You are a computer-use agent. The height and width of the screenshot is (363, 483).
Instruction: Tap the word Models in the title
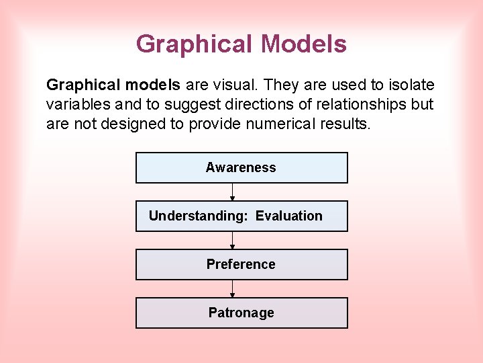304,44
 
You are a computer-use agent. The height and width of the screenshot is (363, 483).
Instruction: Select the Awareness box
241,167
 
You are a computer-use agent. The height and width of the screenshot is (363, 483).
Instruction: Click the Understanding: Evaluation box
241,216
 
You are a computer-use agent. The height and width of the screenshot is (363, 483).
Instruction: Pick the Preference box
241,264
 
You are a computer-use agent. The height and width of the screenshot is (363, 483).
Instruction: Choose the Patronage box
241,313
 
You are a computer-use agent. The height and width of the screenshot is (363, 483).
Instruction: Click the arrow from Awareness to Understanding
232,192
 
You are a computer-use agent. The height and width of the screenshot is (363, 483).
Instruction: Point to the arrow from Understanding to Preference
232,241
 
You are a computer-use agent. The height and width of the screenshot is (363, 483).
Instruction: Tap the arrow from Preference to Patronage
232,289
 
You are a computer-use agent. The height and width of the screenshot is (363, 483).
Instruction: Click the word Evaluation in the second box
288,216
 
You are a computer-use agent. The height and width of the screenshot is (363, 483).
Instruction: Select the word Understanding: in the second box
198,216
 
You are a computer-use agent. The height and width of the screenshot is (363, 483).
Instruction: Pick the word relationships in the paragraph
339,105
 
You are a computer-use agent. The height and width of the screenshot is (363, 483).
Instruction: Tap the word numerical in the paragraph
286,124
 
